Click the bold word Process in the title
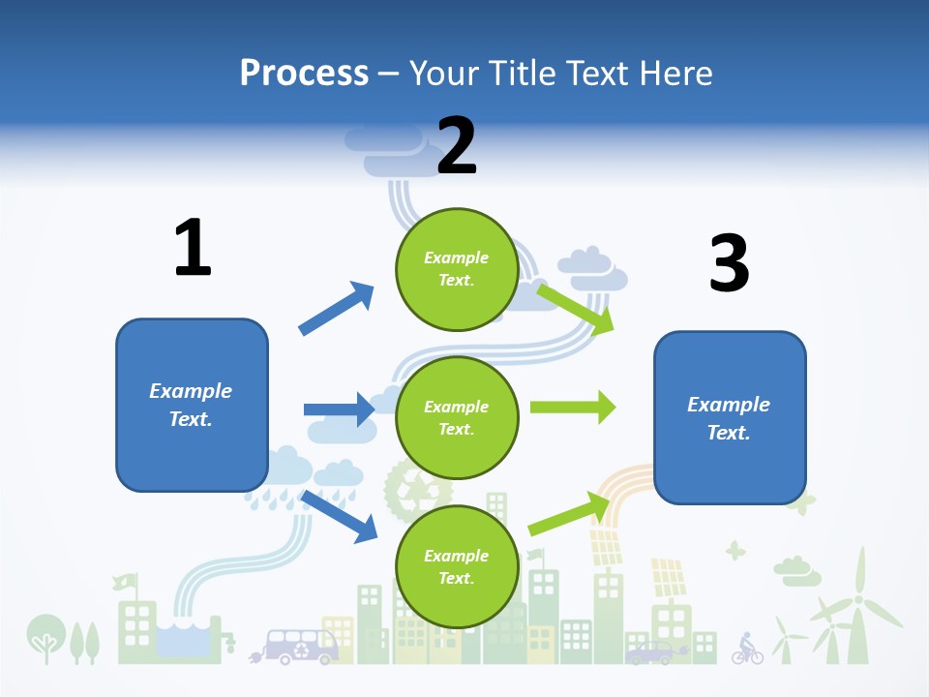pos(304,73)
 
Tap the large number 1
pos(193,248)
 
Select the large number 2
pos(457,145)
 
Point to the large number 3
pos(729,264)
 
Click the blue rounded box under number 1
pos(192,405)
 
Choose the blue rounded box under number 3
pos(730,417)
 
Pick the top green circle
pos(457,268)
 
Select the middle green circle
pos(457,417)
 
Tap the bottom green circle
pos(457,566)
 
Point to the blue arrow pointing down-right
pos(340,516)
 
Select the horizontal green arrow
pos(573,407)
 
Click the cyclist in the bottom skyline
pos(746,649)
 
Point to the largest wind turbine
pos(854,610)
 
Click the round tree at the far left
pos(45,634)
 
